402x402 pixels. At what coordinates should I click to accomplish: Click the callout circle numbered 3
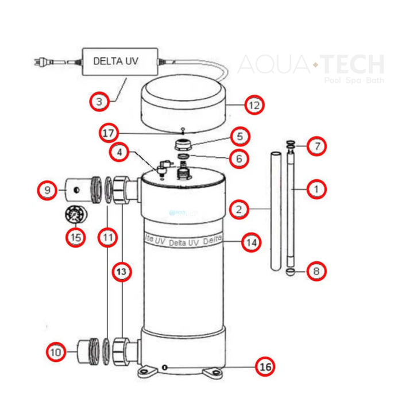pos(100,102)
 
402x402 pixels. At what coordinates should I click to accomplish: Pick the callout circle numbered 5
pos(239,137)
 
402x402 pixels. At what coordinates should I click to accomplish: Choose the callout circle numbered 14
pos(250,243)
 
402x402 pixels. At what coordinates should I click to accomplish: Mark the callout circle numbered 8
pos(315,270)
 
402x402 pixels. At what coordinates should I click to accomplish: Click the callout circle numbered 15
pos(75,236)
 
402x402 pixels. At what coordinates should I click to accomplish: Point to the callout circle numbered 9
pos(48,189)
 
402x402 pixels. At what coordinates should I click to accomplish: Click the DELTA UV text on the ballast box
pos(116,60)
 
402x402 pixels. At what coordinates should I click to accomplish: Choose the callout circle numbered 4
pos(119,153)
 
